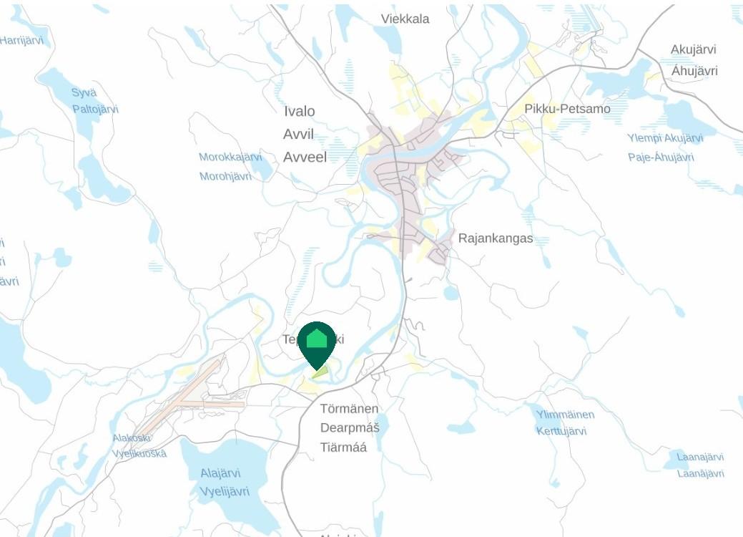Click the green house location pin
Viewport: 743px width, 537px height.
(x=317, y=342)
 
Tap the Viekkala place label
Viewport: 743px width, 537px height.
(x=405, y=19)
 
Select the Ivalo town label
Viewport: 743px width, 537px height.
(x=299, y=111)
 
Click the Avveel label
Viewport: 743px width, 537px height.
(x=305, y=157)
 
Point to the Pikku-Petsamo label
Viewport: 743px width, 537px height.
(x=567, y=109)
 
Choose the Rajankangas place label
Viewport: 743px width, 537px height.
(x=495, y=238)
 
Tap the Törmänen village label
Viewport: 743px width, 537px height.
(x=349, y=408)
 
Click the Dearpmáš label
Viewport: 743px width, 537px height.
(x=349, y=427)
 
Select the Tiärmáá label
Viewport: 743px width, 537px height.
(x=343, y=447)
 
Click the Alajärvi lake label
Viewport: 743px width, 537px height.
(x=220, y=473)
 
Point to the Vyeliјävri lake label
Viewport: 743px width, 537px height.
(x=224, y=491)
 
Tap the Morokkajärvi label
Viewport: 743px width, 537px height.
(x=230, y=157)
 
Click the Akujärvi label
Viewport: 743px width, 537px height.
(x=693, y=49)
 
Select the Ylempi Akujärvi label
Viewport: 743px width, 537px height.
(x=665, y=138)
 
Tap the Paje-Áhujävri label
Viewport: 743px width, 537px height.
(x=661, y=157)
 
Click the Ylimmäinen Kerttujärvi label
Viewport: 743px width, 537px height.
(x=564, y=422)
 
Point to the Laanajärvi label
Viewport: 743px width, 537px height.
(x=700, y=457)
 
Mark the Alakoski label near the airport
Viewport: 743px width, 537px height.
(x=131, y=437)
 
